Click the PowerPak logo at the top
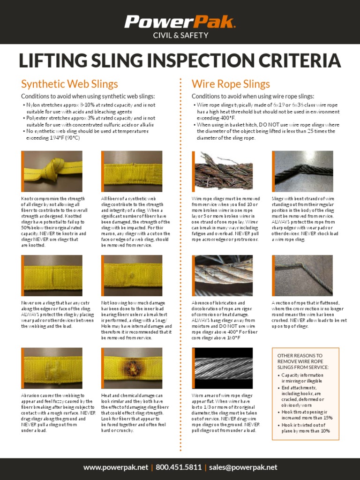180,22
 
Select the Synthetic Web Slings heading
69,84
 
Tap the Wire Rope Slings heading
231,84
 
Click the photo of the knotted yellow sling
52,171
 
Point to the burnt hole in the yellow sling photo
134,367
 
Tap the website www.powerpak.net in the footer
116,467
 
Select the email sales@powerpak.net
243,467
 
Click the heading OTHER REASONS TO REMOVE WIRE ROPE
300,361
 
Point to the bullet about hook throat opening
307,415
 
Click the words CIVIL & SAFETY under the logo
180,34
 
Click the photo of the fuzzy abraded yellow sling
52,367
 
